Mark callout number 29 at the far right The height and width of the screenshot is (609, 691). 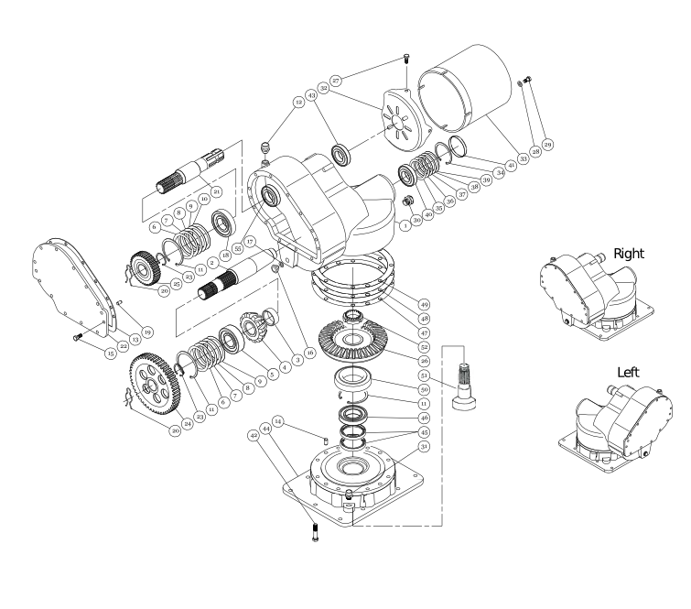point(548,146)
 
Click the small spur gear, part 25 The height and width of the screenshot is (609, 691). point(145,267)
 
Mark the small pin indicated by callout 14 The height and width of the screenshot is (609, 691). point(326,437)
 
